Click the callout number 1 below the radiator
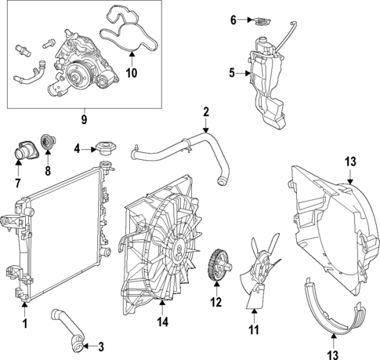point(24,323)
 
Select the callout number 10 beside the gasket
point(131,74)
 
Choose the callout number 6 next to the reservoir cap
point(233,20)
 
